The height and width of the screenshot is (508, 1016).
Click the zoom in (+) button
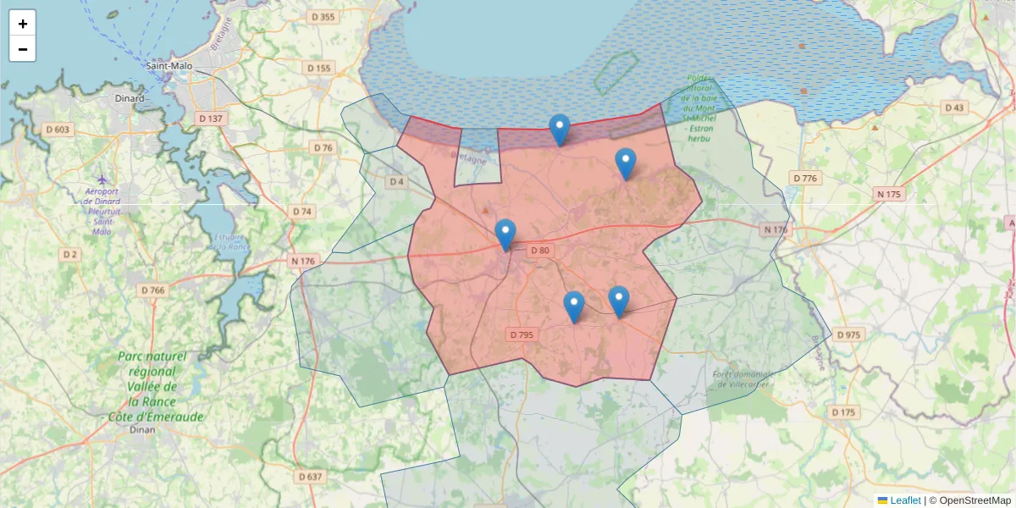[23, 24]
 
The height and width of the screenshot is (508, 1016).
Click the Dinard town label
[130, 98]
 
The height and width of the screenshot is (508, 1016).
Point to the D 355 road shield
[323, 17]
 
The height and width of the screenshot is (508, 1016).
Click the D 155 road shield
[319, 68]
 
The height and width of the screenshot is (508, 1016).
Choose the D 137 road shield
[210, 119]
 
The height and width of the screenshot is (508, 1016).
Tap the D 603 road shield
[58, 130]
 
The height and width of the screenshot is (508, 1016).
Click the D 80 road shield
[540, 250]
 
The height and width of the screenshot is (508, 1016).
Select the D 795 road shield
[522, 334]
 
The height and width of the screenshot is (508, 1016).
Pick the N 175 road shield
[890, 194]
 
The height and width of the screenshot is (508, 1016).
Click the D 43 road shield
[954, 108]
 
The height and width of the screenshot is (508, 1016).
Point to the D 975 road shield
[848, 334]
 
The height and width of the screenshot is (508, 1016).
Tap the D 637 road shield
[311, 477]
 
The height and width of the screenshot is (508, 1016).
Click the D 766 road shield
[153, 290]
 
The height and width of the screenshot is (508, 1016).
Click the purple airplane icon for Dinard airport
[102, 179]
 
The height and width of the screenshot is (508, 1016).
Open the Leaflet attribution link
[904, 500]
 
